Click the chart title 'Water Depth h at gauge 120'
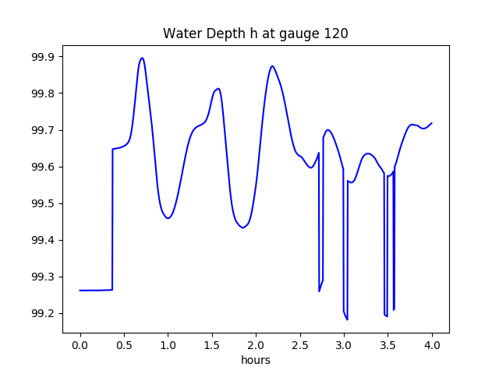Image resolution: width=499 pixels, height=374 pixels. (255, 34)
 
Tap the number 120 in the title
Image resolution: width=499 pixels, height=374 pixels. (337, 34)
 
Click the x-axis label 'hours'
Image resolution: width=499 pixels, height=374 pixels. (255, 361)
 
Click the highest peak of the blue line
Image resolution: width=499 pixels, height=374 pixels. (142, 58)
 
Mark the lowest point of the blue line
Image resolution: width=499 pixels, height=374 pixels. (347, 319)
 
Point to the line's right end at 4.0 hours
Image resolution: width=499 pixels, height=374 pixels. (432, 123)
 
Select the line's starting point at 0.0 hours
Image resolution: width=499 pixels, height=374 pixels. (80, 291)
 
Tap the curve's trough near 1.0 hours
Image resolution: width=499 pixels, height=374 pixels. (168, 218)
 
